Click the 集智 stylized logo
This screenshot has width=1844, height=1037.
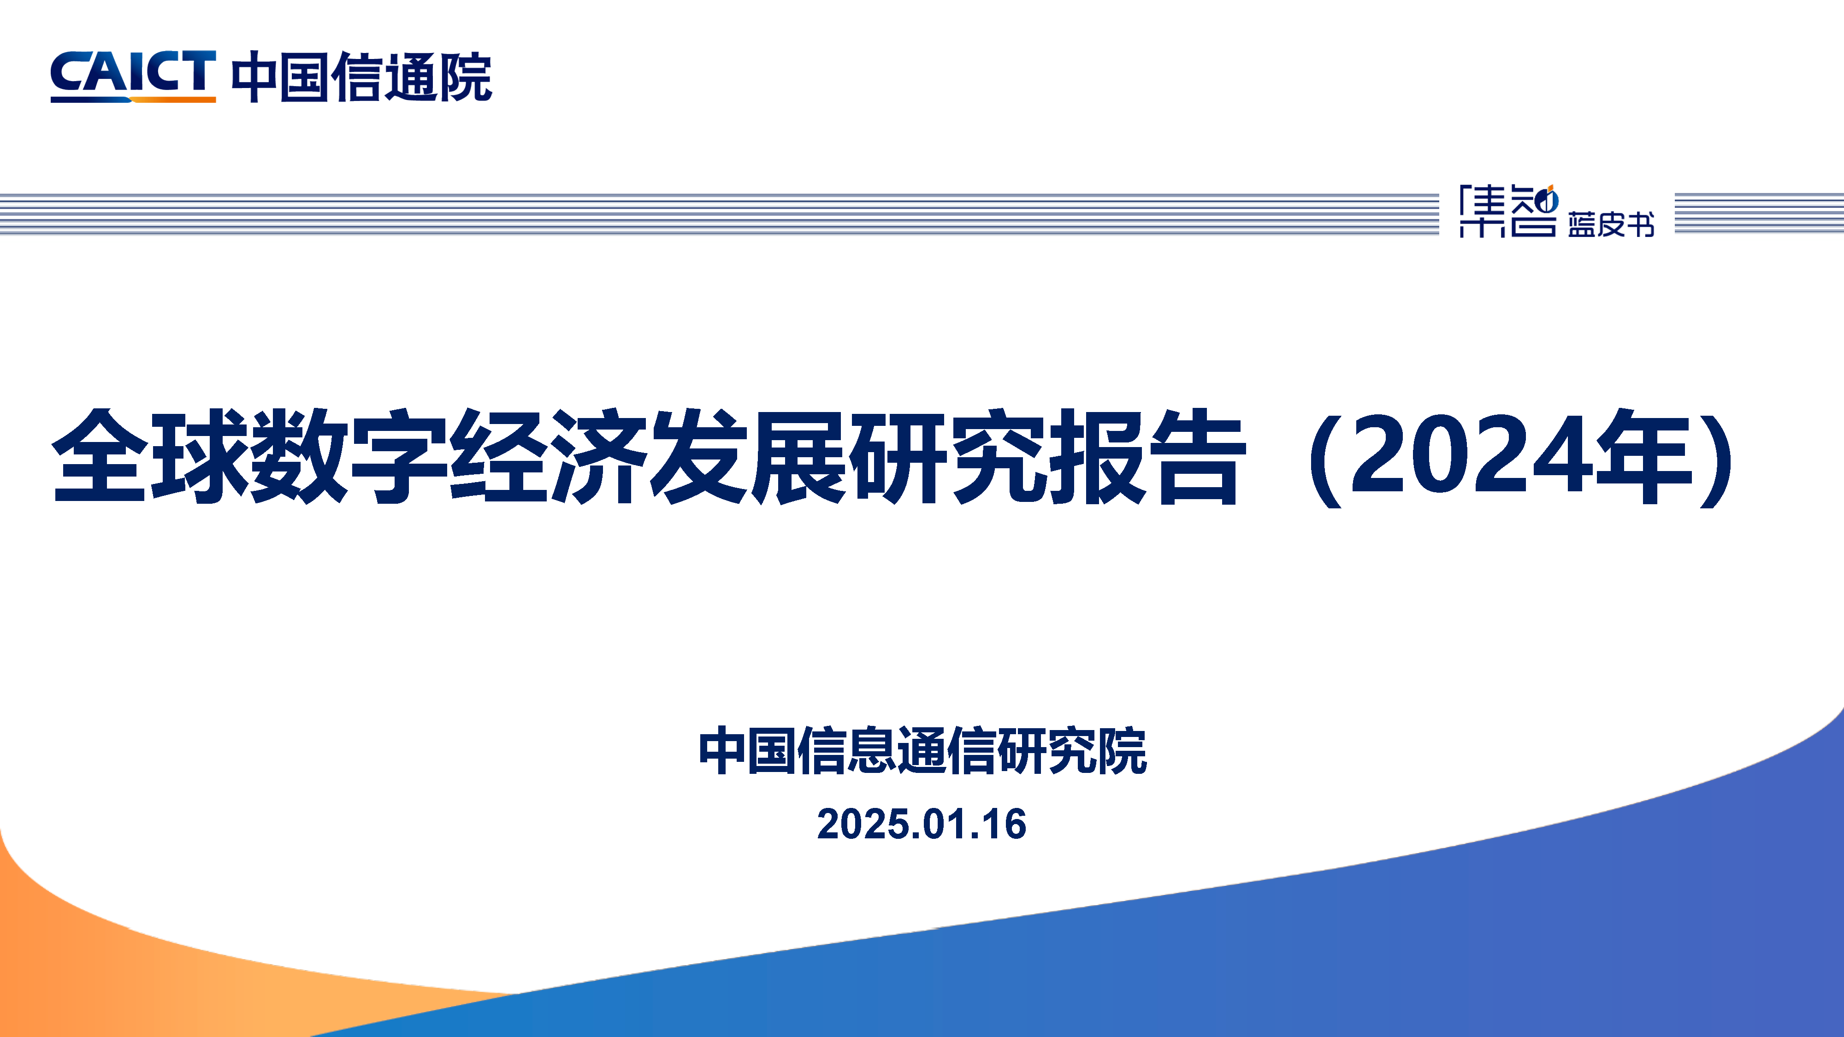[x=1509, y=211]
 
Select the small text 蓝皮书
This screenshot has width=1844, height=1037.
[x=1611, y=224]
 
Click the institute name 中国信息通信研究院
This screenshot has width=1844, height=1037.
[x=922, y=751]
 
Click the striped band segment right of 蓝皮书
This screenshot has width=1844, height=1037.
[x=1759, y=213]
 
